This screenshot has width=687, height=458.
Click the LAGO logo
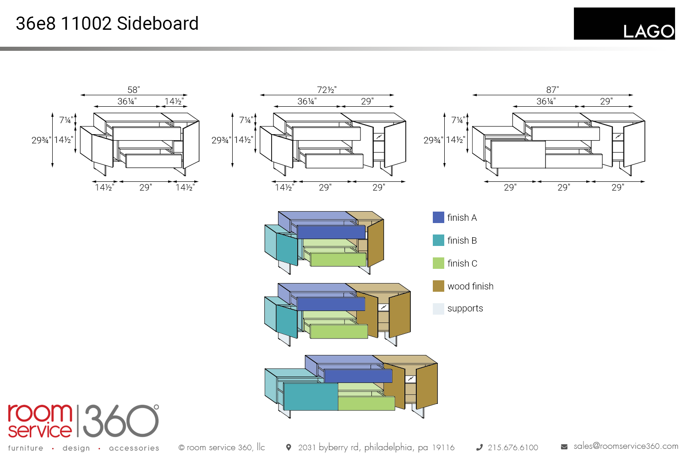click(x=624, y=24)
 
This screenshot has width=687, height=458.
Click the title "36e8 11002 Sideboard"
click(x=107, y=24)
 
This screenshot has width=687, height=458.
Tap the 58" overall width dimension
click(x=134, y=90)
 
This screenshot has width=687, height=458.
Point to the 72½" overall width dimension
click(x=327, y=90)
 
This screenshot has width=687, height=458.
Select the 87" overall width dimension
click(x=552, y=90)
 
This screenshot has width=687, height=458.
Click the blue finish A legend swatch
click(x=438, y=217)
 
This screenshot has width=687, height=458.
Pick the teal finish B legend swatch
click(x=438, y=240)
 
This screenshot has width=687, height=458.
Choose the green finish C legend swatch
click(x=438, y=263)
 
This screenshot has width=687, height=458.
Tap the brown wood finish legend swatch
click(x=438, y=286)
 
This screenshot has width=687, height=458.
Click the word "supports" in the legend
click(x=465, y=308)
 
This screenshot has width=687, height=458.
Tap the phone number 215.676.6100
click(x=513, y=447)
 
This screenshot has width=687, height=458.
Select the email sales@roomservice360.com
click(x=626, y=446)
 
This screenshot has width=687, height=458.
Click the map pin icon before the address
click(x=289, y=447)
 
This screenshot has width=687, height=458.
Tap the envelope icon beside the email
click(x=564, y=447)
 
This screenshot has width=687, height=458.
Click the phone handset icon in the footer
click(x=480, y=447)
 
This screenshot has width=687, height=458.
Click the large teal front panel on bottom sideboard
click(x=311, y=397)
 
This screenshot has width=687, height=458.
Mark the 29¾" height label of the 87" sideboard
click(x=433, y=140)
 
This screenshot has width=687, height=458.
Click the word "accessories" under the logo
click(x=134, y=448)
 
